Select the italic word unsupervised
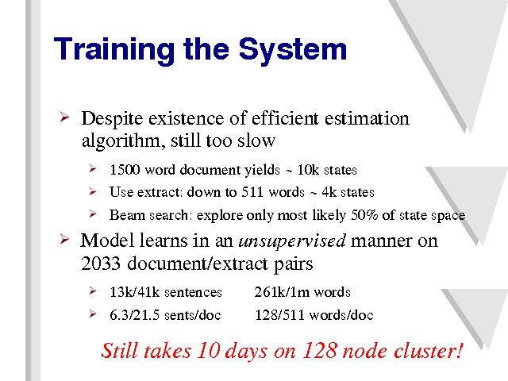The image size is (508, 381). tap(292, 241)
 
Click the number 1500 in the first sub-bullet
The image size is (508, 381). tap(125, 169)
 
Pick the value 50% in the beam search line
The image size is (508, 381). tap(364, 215)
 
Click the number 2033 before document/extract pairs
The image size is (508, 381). tap(101, 264)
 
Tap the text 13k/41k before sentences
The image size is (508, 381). tap(135, 292)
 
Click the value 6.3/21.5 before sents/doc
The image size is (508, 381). tap(134, 315)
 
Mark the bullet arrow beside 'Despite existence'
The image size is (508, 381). tap(65, 117)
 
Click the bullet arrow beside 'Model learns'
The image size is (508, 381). tap(64, 240)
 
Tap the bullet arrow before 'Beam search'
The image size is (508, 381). tap(93, 214)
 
